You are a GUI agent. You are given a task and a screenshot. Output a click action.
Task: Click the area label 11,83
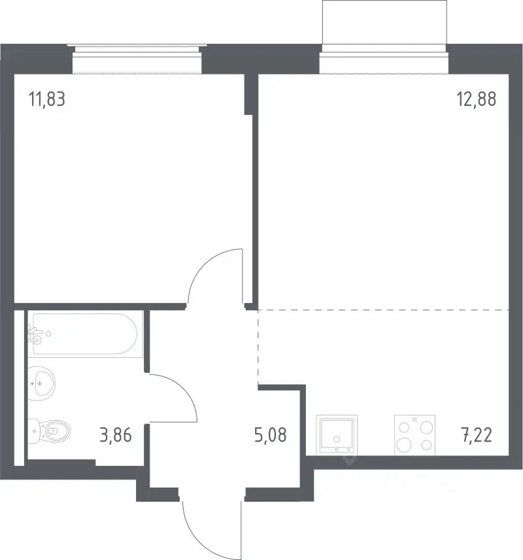[x=47, y=99]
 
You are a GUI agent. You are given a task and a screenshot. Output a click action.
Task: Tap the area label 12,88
[x=476, y=99]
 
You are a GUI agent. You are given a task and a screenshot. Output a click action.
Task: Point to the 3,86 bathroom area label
[x=116, y=435]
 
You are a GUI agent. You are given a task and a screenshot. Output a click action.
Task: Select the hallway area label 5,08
[x=270, y=435]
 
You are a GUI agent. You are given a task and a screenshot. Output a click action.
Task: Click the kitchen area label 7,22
[x=477, y=435]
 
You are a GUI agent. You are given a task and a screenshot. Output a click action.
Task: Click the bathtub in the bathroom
[x=86, y=334]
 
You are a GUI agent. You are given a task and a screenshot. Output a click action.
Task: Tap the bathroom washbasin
[x=41, y=383]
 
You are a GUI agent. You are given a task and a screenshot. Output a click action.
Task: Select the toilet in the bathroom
[x=49, y=430]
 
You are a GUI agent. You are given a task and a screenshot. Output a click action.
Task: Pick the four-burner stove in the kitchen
[x=414, y=435]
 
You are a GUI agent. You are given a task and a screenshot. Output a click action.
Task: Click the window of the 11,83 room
[x=137, y=59]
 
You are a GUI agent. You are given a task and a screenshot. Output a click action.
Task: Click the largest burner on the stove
[x=404, y=445]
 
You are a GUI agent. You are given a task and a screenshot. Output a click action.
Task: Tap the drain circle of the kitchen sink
[x=337, y=439]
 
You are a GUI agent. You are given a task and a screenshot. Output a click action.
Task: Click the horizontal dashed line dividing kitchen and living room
[x=383, y=310]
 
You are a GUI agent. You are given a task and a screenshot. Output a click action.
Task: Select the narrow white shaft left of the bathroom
[x=19, y=388]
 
